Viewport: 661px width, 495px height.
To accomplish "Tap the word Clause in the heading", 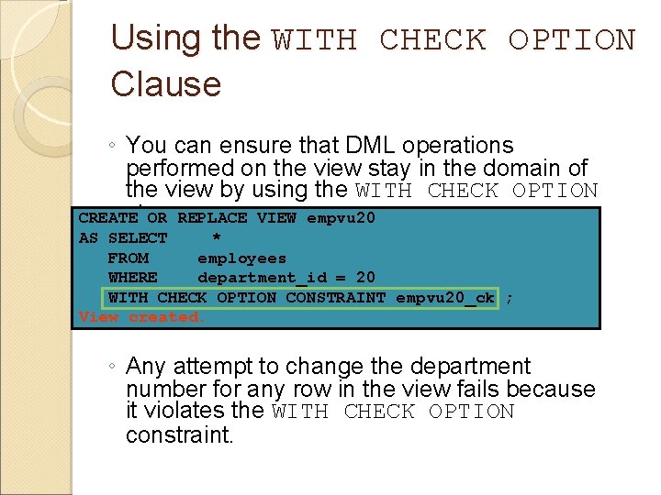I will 165,84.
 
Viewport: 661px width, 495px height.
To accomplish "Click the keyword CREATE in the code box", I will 108,218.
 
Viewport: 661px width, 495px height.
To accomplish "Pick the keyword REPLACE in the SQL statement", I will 212,218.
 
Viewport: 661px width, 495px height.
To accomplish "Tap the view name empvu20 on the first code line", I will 341,218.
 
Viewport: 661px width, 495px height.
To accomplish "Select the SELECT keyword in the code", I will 138,238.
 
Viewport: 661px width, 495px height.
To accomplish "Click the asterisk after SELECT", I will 217,239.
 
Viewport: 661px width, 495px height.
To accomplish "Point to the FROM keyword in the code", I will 128,258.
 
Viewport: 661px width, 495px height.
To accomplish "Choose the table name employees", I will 241,258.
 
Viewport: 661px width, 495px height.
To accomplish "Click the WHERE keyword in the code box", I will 132,277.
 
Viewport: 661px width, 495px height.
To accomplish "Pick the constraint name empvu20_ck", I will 444,297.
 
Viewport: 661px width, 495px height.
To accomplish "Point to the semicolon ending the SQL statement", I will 510,298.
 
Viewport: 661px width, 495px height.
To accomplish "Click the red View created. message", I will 142,317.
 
